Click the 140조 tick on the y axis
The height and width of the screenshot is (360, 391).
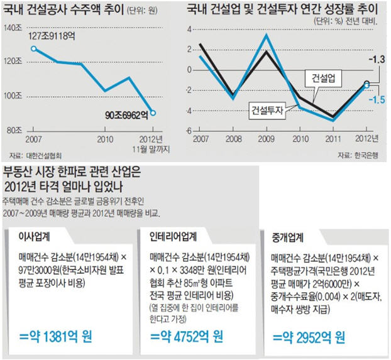(14, 28)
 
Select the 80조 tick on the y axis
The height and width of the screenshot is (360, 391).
(14, 131)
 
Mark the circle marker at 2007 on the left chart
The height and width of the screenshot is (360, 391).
(33, 48)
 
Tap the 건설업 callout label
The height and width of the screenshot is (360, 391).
(321, 78)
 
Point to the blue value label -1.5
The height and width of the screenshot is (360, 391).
(376, 100)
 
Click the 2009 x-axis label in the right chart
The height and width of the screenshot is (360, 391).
(266, 139)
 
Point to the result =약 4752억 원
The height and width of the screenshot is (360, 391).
(186, 336)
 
